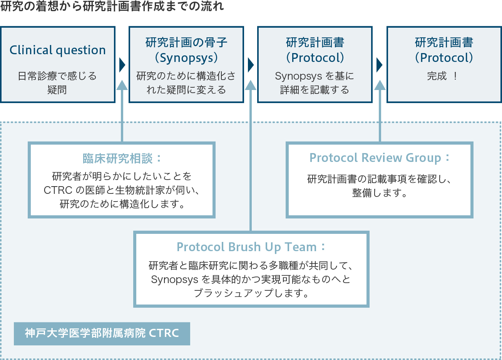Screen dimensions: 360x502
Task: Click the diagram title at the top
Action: coord(112,7)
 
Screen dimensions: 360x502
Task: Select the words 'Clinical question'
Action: coord(58,50)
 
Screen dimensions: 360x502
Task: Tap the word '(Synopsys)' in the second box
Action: coord(186,58)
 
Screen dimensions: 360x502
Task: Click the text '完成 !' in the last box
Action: coord(443,76)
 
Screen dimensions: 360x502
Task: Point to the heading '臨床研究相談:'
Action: coord(122,158)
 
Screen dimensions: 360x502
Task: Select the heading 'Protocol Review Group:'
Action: coord(380,158)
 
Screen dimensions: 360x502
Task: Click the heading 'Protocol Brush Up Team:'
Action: coord(251,247)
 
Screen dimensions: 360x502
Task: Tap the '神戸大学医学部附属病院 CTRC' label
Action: coord(102,333)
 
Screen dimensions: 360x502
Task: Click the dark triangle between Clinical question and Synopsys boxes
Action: coord(122,65)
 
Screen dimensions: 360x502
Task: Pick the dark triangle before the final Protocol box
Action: coord(380,65)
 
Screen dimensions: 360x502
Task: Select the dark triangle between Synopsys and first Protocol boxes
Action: coord(251,65)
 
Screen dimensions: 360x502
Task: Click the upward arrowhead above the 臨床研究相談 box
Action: coord(122,85)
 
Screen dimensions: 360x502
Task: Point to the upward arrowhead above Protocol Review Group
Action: coord(380,85)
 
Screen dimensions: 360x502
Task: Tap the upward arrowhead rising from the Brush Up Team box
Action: coord(251,85)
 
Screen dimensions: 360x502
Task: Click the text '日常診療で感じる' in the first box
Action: coord(57,76)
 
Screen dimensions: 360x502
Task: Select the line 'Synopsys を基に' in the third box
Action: coord(315,76)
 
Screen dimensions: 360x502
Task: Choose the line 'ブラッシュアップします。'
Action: coord(251,293)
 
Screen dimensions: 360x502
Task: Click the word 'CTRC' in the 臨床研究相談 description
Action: coord(58,190)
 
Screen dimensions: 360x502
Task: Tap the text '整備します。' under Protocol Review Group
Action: coord(380,193)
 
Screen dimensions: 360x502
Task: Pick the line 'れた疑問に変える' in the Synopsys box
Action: coord(186,90)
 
